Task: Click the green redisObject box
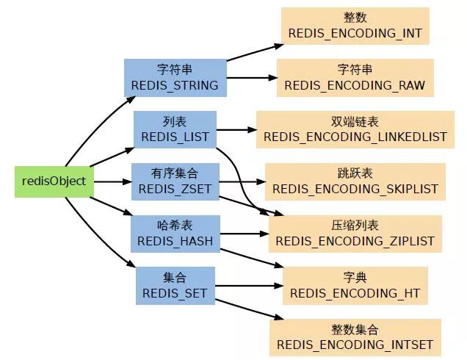(x=54, y=181)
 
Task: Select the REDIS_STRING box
(x=174, y=77)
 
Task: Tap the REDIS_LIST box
(x=175, y=129)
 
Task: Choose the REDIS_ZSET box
(x=175, y=181)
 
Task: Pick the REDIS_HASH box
(x=175, y=233)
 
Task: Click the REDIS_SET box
(x=175, y=285)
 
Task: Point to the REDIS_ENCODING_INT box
(x=355, y=26)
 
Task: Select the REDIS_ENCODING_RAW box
(x=355, y=77)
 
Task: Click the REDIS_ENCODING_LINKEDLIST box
(x=355, y=129)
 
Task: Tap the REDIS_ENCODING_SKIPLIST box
(x=355, y=181)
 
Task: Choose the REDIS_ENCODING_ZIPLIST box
(x=355, y=233)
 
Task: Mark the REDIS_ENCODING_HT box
(x=355, y=285)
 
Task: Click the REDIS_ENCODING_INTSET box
(x=355, y=336)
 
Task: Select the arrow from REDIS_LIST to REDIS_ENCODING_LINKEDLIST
(x=235, y=131)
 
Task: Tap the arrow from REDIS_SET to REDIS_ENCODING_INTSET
(x=246, y=308)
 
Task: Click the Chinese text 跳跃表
(x=355, y=173)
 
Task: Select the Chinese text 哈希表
(x=175, y=225)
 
